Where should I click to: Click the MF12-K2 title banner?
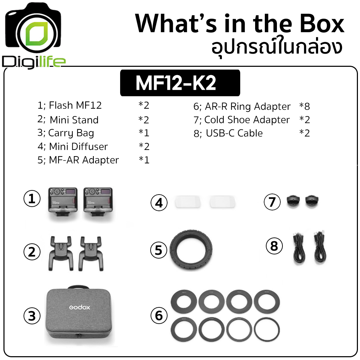(180, 83)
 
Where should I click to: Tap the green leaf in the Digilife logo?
(36, 34)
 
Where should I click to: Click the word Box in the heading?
(322, 24)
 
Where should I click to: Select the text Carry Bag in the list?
(71, 133)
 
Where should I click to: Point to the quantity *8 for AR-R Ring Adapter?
(304, 106)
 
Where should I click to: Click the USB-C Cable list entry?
(228, 133)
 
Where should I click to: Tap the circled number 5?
(159, 250)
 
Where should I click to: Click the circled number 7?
(272, 202)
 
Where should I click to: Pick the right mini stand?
(91, 253)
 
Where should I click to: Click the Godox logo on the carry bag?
(79, 307)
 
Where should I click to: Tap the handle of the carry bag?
(79, 287)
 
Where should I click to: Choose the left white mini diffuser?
(188, 202)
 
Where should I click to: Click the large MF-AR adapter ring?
(191, 249)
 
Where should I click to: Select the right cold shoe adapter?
(312, 201)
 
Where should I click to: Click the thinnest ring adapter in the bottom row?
(267, 330)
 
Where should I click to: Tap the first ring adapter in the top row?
(184, 302)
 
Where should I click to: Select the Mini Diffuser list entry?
(73, 146)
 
